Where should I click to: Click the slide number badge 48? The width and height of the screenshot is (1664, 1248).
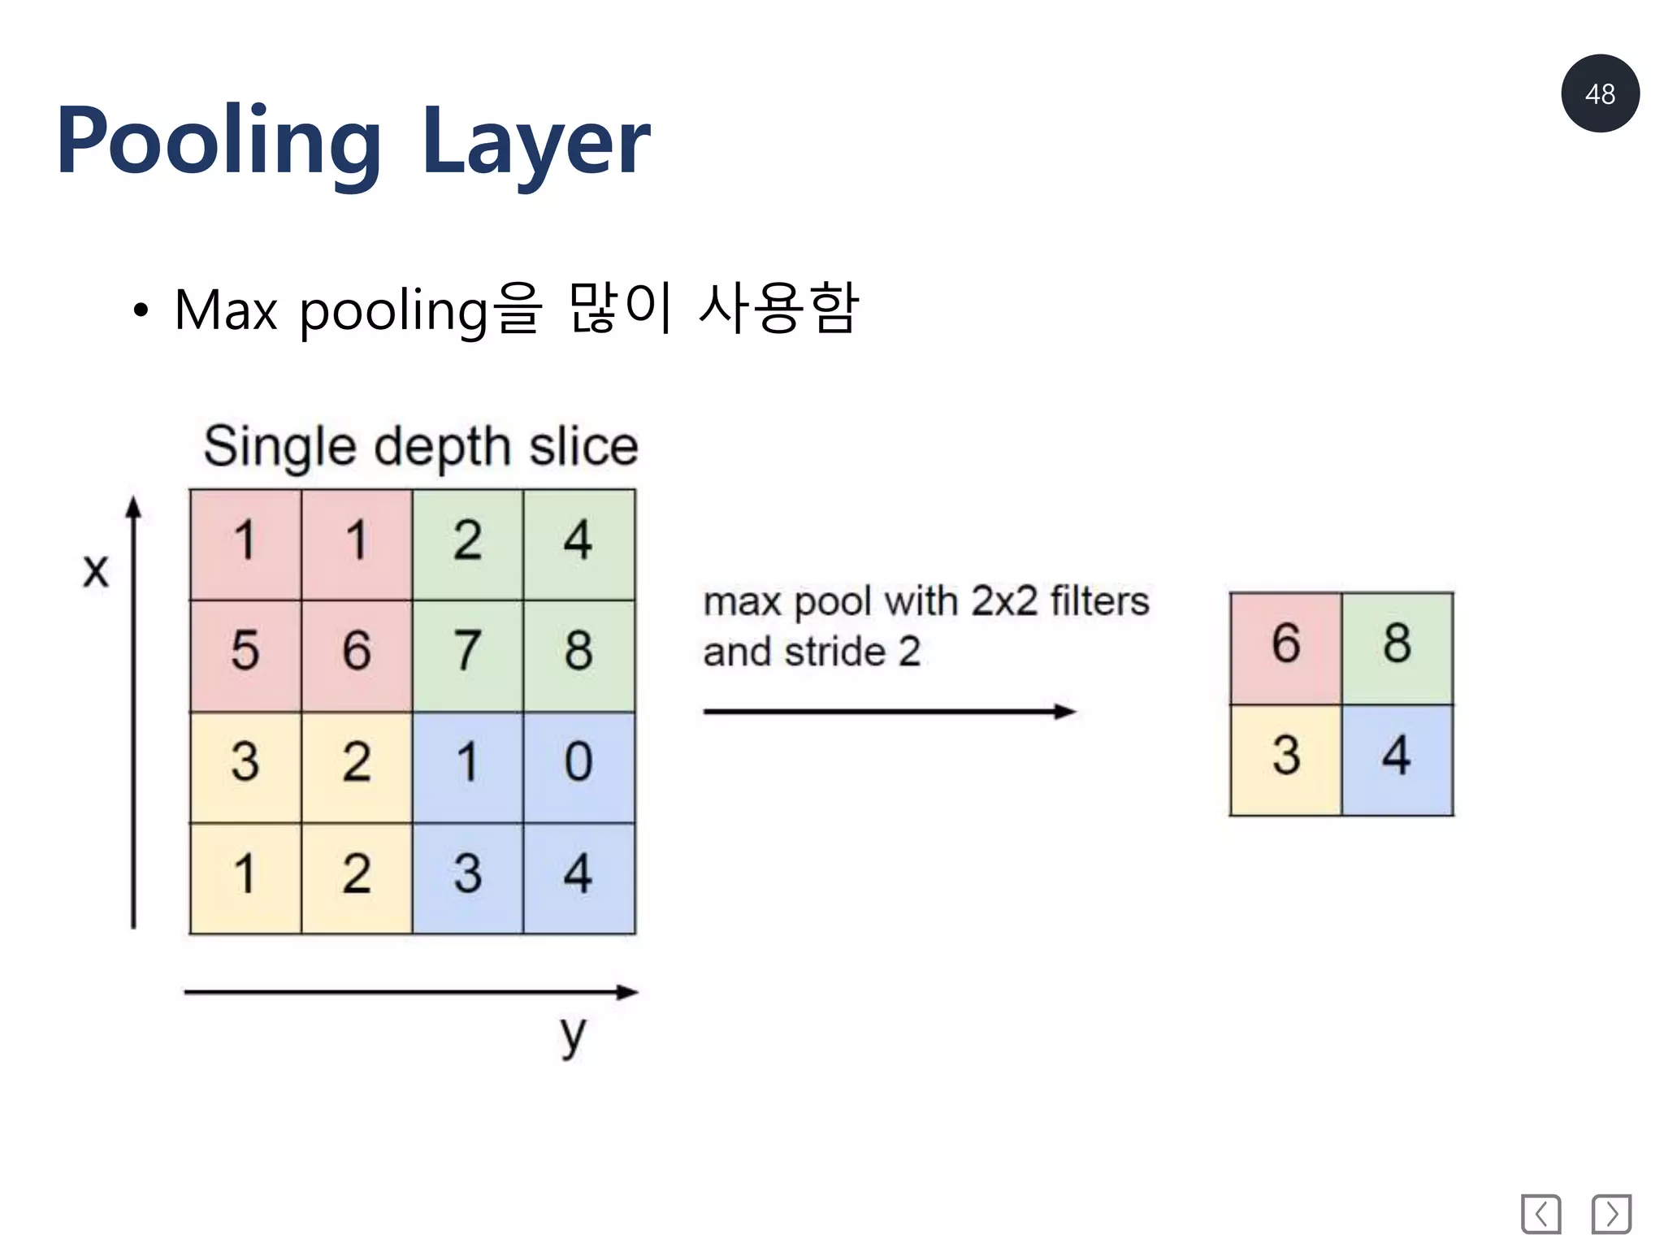click(1599, 93)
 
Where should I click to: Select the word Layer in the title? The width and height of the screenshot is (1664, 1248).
click(535, 142)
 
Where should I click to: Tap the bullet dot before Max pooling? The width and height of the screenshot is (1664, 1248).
click(141, 310)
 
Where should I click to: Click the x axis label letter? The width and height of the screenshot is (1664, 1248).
click(95, 570)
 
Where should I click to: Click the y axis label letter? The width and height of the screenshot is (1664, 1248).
click(572, 1035)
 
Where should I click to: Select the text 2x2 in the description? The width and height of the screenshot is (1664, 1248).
click(1004, 602)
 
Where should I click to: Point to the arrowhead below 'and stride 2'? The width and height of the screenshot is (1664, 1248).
click(1064, 712)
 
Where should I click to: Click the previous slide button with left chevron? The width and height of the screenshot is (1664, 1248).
click(1540, 1214)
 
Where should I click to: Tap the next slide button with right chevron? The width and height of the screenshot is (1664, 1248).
click(1611, 1214)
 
